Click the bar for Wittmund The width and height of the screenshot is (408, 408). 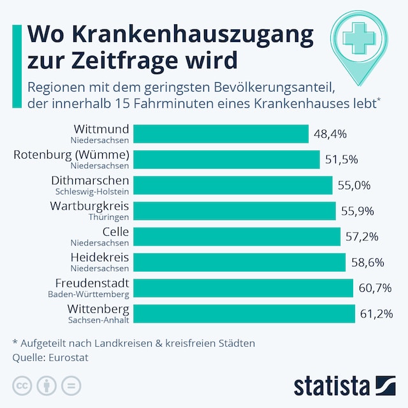[221, 134]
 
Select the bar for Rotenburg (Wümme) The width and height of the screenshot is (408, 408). [227, 159]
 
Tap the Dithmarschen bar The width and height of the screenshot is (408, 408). [233, 186]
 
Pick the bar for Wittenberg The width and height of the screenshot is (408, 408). [245, 314]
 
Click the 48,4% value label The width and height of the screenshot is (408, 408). [330, 134]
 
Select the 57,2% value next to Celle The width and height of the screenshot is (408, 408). [362, 237]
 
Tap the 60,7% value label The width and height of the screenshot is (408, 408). [375, 288]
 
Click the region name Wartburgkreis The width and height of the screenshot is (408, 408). [90, 207]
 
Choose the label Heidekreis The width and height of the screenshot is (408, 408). [99, 258]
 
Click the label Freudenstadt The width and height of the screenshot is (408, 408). [92, 283]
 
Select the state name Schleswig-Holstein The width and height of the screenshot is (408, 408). [92, 191]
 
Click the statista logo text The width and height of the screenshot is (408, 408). [331, 386]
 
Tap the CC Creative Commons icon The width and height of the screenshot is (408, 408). [22, 386]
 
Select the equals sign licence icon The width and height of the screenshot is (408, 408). [71, 386]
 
